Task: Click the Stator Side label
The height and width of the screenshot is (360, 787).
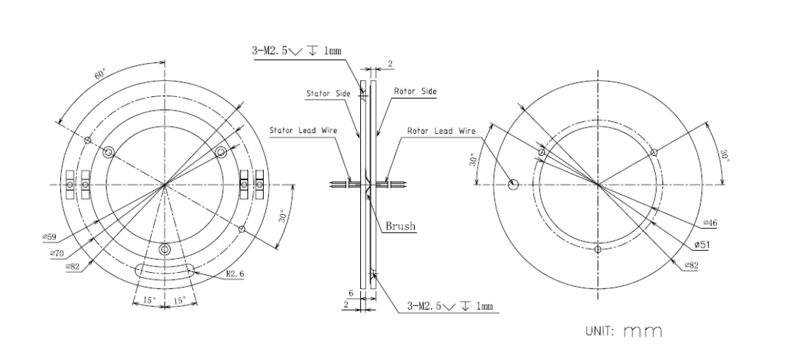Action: tap(328, 94)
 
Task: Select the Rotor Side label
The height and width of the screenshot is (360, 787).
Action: tap(415, 91)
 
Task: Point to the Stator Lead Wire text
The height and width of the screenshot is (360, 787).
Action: tap(303, 130)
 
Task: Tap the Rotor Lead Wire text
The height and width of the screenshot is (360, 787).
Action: tap(441, 131)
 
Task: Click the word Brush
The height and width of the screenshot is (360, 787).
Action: tap(401, 226)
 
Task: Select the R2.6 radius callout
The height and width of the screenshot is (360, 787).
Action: tap(235, 274)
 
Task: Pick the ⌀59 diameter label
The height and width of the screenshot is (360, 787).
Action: tap(49, 237)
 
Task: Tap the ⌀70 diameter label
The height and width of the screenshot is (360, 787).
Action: tap(57, 254)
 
